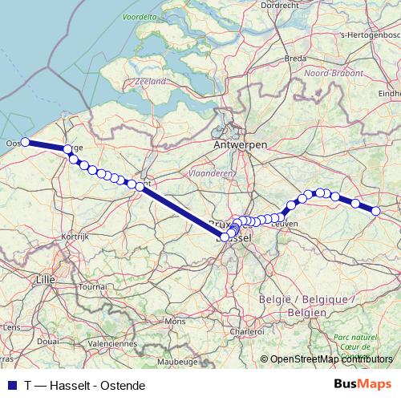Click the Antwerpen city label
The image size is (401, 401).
tap(241, 144)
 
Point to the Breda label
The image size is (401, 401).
tap(296, 59)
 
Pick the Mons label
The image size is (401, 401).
tap(175, 321)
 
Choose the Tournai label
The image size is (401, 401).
tap(93, 286)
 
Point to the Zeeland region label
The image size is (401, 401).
tap(151, 81)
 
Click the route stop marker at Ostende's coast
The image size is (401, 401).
tap(25, 142)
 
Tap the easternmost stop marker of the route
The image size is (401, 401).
tap(375, 211)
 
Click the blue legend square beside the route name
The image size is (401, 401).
tap(10, 385)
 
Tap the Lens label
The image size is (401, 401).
tap(12, 327)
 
